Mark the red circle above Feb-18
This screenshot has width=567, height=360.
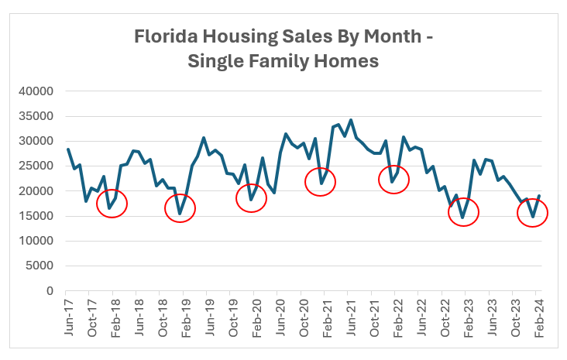[112, 203]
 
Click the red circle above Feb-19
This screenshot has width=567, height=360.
[180, 207]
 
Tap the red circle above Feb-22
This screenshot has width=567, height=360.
[393, 180]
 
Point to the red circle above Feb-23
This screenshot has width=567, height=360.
[463, 211]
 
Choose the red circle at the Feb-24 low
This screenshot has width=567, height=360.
[532, 211]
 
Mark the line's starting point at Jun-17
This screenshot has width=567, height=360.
[68, 149]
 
